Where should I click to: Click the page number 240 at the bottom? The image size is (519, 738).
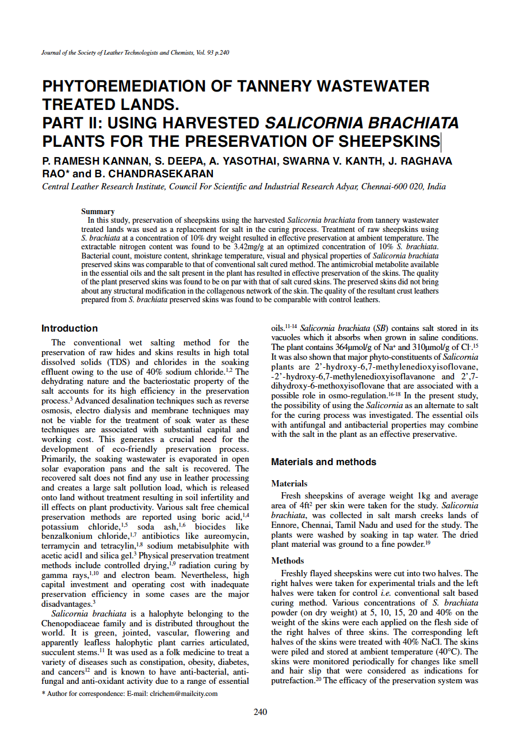(260, 712)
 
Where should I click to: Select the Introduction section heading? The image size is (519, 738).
(70, 329)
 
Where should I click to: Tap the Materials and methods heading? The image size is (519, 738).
(323, 462)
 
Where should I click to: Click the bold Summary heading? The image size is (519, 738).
(98, 212)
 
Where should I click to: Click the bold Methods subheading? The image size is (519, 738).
(288, 561)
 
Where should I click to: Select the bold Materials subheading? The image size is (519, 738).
(289, 484)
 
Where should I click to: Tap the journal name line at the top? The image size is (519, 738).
(136, 53)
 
